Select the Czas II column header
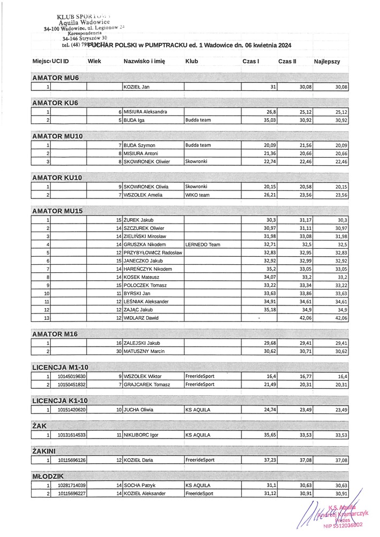pos(287,62)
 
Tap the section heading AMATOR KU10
pos(56,177)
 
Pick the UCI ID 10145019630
pos(70,376)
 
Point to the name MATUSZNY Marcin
pos(144,351)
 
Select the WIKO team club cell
pos(197,195)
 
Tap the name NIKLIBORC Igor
pos(141,435)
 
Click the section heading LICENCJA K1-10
pos(60,400)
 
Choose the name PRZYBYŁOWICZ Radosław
pos(153,252)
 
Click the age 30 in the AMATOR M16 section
pos(119,351)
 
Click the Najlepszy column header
pos(327,62)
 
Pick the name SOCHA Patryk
pos(141,485)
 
